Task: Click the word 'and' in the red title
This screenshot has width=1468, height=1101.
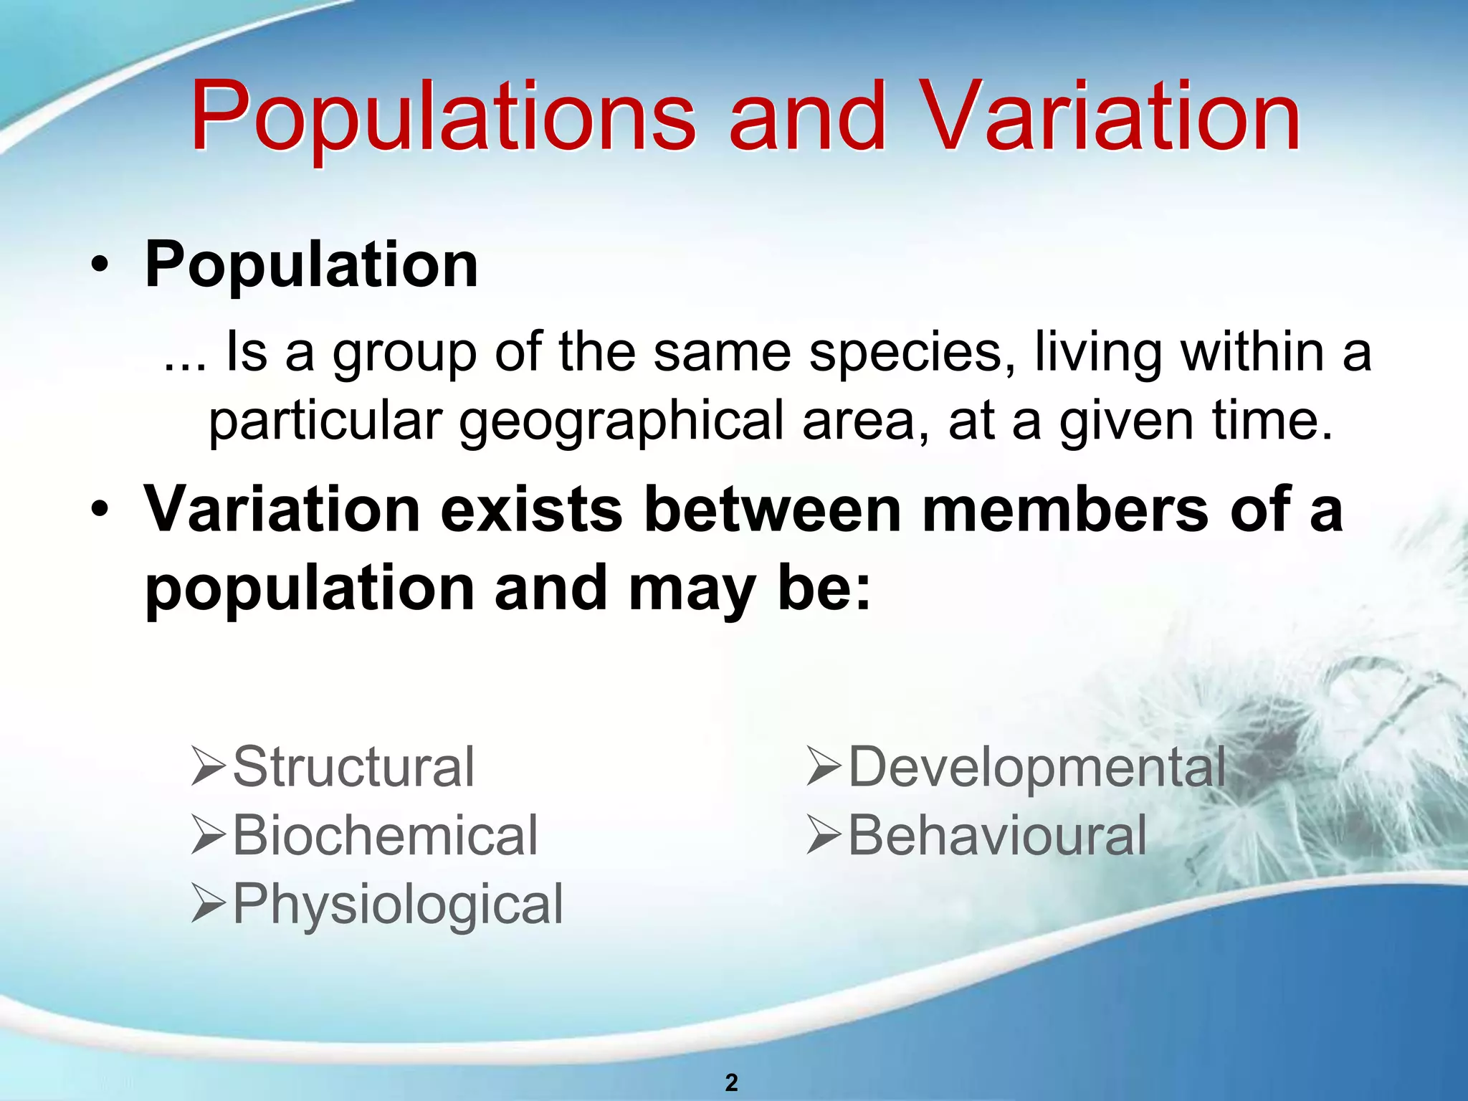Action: pos(808,118)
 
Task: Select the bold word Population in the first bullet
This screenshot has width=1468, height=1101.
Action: pos(311,265)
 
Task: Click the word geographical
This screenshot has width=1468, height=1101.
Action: pos(621,421)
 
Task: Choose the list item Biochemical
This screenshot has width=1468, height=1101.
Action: pos(385,836)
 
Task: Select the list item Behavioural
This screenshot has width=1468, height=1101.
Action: pos(997,836)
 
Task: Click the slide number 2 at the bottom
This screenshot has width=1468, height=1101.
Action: pos(731,1082)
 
